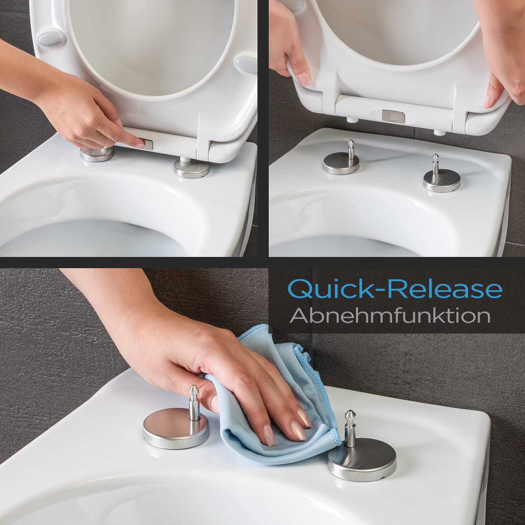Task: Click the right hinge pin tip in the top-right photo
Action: point(435,157)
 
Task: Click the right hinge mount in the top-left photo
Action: point(188,168)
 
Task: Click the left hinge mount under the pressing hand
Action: point(95,153)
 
